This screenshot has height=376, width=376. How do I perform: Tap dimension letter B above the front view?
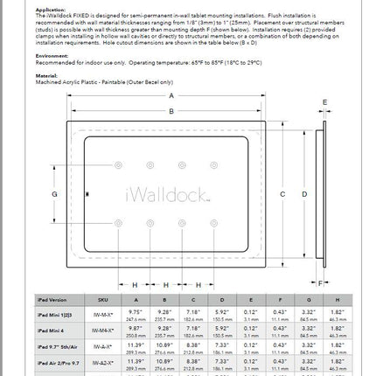171,111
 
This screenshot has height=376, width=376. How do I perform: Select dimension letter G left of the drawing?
54,193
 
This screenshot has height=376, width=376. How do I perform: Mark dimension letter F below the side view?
320,282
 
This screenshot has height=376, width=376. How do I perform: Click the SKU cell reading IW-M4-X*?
104,330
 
